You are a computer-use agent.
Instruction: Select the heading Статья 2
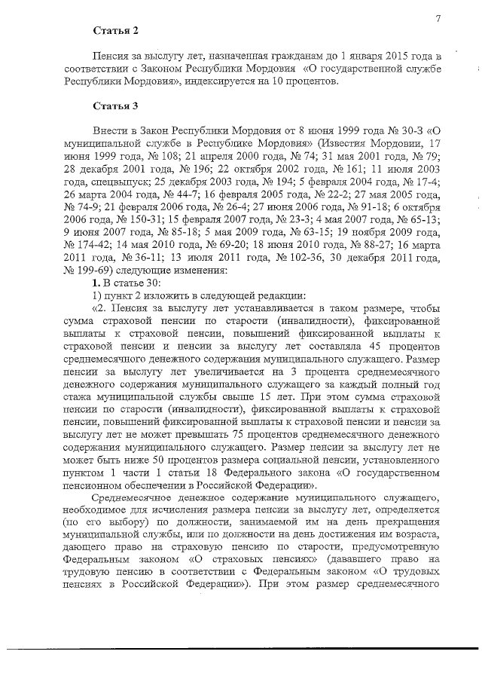pyautogui.click(x=115, y=30)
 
